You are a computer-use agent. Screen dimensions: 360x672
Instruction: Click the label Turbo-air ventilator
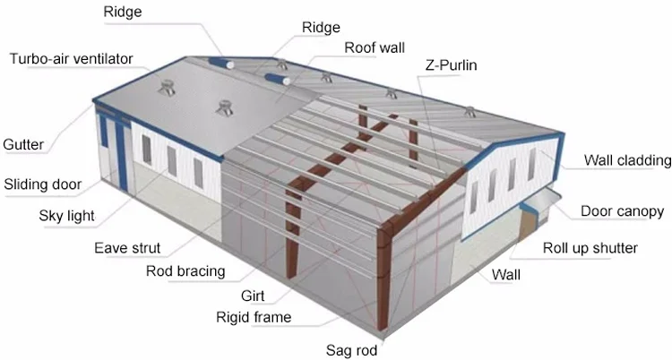[71, 59]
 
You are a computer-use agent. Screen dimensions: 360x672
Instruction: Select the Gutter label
[23, 143]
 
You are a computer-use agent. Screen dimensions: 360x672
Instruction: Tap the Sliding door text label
[43, 185]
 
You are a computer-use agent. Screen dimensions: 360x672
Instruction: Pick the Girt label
[254, 295]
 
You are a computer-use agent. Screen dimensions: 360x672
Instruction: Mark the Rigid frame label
[254, 317]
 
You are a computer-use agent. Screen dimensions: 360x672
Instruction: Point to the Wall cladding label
[627, 161]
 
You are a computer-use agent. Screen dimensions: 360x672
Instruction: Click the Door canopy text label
[622, 211]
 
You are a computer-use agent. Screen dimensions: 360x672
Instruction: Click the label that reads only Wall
[504, 275]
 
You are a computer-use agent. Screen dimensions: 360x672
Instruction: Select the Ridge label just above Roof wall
[321, 28]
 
